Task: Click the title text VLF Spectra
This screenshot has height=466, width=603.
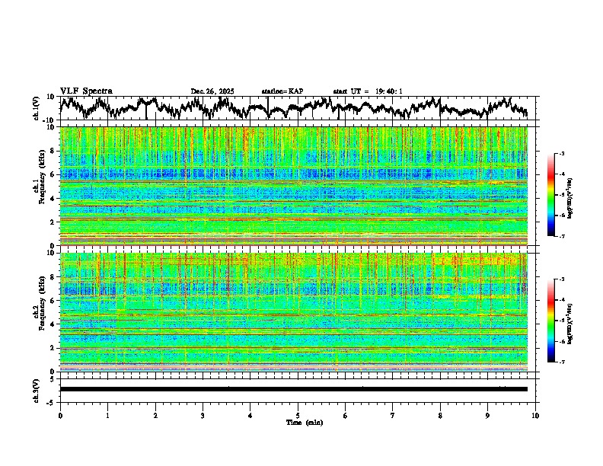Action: tap(86, 91)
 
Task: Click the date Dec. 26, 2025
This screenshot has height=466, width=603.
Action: tap(212, 91)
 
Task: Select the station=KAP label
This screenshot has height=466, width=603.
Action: tap(282, 91)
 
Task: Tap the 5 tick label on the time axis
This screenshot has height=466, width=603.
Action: tap(298, 415)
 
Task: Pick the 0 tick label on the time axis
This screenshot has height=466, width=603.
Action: tap(60, 415)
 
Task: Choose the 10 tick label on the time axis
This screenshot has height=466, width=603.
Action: tap(535, 415)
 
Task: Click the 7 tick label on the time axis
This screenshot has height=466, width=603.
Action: tap(393, 415)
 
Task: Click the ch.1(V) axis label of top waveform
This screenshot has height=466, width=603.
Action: tap(36, 108)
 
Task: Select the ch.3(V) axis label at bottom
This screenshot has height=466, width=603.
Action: tap(36, 389)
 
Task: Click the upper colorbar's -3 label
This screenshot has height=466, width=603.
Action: tap(561, 154)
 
